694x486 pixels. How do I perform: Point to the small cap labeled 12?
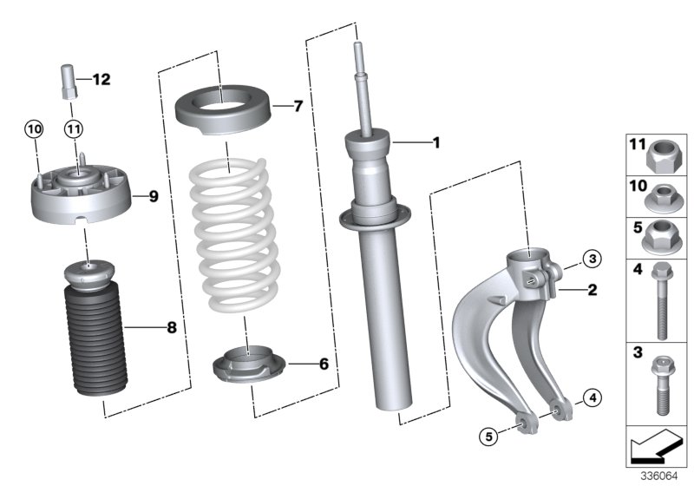(x=69, y=83)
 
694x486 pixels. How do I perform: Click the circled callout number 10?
(x=33, y=130)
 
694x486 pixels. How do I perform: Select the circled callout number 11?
(x=74, y=130)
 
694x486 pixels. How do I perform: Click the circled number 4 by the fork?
(x=591, y=398)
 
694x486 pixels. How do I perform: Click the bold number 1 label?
(x=436, y=142)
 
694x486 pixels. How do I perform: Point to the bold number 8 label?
(x=171, y=327)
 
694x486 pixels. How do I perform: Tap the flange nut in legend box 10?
(x=661, y=197)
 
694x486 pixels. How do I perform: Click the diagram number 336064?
(x=659, y=476)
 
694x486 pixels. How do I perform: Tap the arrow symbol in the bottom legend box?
(x=656, y=448)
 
